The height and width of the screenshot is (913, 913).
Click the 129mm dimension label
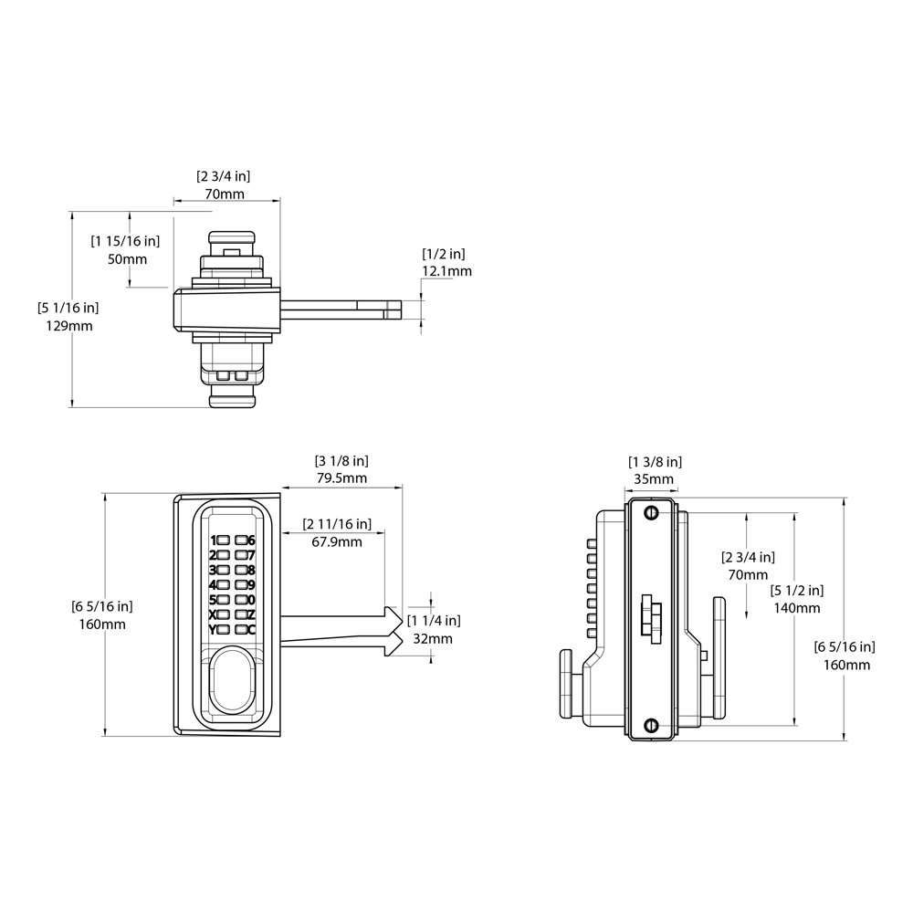coord(69,326)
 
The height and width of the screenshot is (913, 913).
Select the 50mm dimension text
coord(128,259)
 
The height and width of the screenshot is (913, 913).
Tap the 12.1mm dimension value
coord(446,271)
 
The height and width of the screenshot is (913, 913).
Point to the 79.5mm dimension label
coord(341,478)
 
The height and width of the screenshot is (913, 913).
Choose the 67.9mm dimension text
coord(337,542)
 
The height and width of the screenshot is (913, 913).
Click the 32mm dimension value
coord(433,639)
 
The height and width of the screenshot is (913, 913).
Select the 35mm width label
coord(654,479)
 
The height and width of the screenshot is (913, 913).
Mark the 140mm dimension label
coord(796,608)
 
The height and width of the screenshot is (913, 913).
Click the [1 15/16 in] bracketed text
coord(125,240)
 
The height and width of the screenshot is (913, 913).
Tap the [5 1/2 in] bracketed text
coord(797,591)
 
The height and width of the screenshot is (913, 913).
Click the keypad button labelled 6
coord(240,540)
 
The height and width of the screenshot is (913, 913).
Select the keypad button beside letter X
coord(223,614)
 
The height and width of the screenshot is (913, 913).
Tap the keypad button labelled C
coord(240,629)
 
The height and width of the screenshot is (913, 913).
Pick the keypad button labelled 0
coord(240,600)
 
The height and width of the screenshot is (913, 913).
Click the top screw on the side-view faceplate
coord(652,513)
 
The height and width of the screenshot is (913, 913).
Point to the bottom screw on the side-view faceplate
coord(652,726)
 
